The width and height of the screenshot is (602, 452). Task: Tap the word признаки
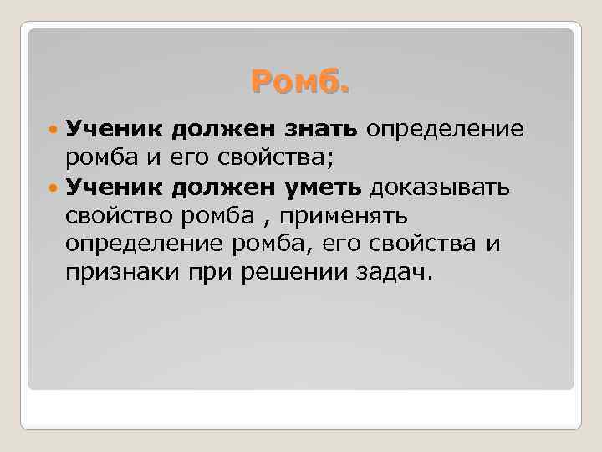pos(114,273)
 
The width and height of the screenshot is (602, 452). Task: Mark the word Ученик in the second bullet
pos(115,187)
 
